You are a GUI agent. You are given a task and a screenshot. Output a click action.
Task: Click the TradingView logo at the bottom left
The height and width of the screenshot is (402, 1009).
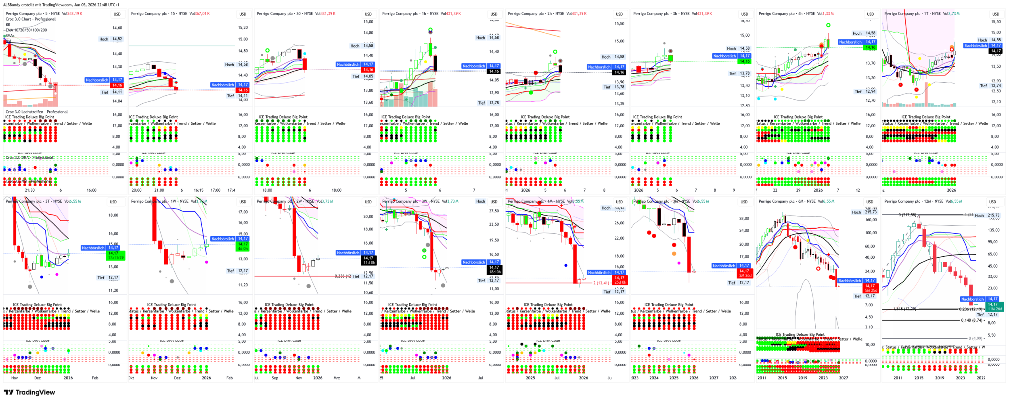[29, 392]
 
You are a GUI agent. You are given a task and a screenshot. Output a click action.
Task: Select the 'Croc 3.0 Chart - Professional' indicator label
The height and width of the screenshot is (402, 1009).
[31, 19]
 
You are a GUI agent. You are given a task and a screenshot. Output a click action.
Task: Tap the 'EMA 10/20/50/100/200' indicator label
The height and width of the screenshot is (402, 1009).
[26, 30]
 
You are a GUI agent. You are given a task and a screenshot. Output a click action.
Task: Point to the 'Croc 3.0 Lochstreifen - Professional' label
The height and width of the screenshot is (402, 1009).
[37, 112]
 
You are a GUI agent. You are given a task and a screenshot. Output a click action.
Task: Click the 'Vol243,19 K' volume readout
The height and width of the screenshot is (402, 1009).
[72, 14]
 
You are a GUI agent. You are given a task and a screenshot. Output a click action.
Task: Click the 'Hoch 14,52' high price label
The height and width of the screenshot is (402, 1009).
[111, 39]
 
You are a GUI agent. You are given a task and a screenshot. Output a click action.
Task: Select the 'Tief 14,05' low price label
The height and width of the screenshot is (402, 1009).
[362, 76]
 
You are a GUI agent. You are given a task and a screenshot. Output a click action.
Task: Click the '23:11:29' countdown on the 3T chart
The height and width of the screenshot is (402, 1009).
[115, 258]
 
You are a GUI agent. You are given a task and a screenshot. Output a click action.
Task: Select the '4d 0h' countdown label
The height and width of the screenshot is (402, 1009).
[243, 249]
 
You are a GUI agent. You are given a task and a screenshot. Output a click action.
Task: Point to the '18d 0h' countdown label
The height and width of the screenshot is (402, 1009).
[495, 272]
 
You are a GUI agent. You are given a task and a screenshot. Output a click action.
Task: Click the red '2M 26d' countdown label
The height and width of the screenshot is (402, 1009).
[745, 276]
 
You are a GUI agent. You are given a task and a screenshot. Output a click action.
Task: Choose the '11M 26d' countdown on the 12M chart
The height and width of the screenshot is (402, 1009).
[995, 309]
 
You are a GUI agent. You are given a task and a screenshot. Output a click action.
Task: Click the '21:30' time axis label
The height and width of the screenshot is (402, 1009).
[30, 190]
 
